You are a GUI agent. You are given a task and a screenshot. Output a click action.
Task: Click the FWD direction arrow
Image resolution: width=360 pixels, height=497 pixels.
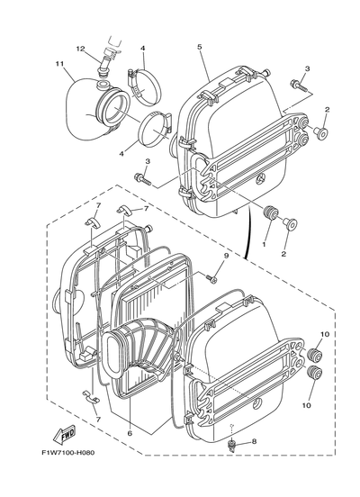click(64, 436)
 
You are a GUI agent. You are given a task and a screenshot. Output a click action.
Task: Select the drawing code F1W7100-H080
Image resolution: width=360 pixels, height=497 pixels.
click(68, 453)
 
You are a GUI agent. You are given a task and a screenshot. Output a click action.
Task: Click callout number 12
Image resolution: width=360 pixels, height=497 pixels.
click(80, 49)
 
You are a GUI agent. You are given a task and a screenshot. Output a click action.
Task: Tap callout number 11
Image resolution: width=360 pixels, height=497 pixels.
click(59, 64)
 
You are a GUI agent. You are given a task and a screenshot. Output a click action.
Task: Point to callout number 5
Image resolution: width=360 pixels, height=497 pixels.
click(199, 47)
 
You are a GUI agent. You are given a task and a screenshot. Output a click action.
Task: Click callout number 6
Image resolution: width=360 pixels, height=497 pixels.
click(130, 433)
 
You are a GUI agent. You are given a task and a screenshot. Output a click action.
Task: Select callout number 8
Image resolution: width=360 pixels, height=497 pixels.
click(254, 441)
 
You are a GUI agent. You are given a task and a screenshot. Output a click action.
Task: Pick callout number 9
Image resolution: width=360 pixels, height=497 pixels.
click(226, 256)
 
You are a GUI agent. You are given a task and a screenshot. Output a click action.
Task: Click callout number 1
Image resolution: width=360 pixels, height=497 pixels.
click(264, 244)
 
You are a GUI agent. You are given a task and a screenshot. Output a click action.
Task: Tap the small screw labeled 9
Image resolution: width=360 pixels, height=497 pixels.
click(211, 278)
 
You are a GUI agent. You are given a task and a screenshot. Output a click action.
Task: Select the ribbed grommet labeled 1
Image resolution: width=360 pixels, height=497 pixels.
click(271, 212)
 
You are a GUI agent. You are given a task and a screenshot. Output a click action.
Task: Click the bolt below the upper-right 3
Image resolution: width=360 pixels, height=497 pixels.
click(298, 86)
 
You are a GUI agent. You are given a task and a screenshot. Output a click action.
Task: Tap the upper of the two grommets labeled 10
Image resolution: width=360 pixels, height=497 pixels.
click(315, 354)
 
